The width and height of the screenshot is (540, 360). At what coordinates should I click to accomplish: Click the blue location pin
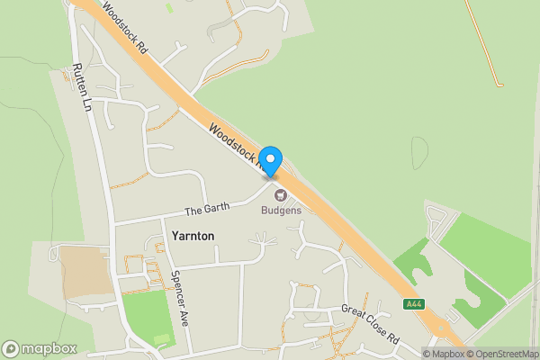(x=271, y=160)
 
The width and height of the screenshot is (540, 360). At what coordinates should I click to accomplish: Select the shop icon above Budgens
(x=279, y=194)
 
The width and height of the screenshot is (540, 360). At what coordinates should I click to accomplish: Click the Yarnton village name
(x=192, y=236)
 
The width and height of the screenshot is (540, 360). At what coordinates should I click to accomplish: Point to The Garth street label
(x=207, y=209)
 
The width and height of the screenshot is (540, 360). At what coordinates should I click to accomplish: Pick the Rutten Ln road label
(x=83, y=87)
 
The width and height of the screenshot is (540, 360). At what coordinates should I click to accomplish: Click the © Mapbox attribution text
(x=446, y=354)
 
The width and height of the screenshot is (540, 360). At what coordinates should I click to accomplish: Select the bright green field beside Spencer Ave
(x=147, y=319)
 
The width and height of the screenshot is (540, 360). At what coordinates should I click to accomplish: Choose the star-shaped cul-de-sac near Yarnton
(x=262, y=240)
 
